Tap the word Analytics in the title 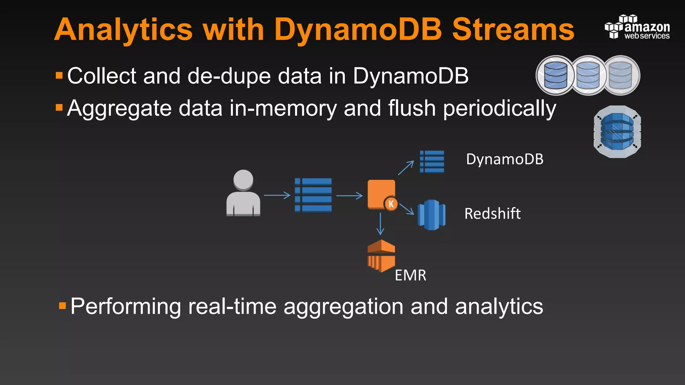(x=123, y=30)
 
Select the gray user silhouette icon (x=243, y=193)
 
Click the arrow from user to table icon (x=277, y=195)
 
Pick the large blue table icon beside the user (x=313, y=195)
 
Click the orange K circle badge (x=391, y=204)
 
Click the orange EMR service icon (x=381, y=256)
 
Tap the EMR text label (x=410, y=275)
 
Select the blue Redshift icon (x=431, y=215)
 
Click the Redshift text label (x=492, y=214)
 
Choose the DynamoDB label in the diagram (x=504, y=159)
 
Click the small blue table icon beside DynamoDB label (x=432, y=162)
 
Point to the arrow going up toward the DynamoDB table (x=406, y=168)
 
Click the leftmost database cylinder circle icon (x=555, y=75)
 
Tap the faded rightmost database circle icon (x=621, y=75)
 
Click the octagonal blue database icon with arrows (x=617, y=132)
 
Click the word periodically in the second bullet (x=499, y=109)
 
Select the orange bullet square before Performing (x=63, y=306)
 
